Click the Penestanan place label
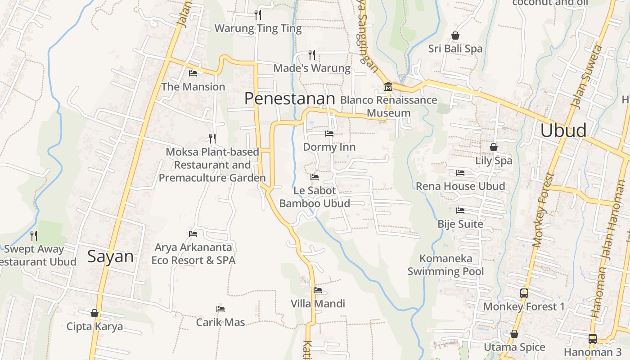290,99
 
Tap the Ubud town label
563,130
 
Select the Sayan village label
110,257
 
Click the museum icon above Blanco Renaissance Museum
388,87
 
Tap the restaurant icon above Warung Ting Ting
258,15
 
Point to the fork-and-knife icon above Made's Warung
312,55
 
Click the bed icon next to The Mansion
193,73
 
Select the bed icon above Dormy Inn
329,134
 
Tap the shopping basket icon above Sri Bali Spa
455,36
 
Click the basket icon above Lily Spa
494,147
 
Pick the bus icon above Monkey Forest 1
524,293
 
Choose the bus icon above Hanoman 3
593,339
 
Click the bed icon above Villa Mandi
318,290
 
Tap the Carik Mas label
220,322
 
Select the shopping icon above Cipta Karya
94,313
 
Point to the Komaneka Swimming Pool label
445,265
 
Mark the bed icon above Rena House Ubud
460,173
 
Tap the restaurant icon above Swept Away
34,235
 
